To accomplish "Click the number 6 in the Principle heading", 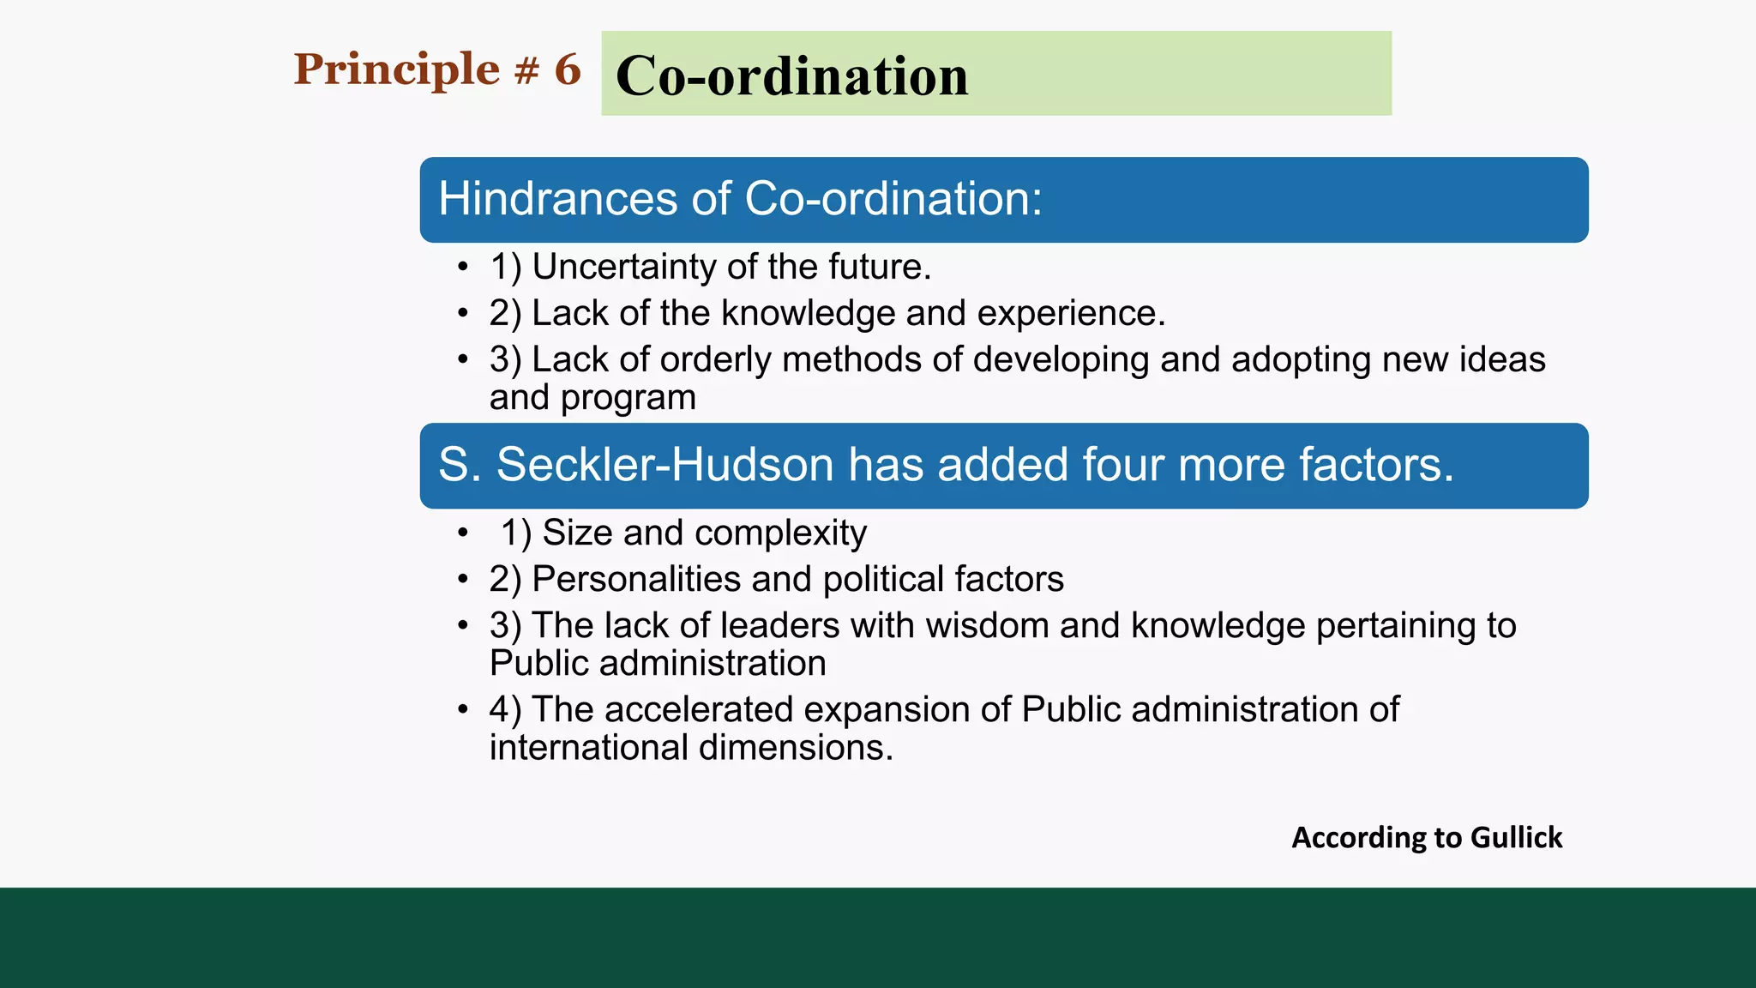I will (567, 69).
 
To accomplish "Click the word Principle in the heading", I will (396, 70).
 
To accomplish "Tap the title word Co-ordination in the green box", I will (791, 76).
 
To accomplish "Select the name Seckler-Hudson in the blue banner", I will (665, 465).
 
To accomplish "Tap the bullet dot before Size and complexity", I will (463, 533).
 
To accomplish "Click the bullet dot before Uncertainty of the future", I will (463, 268).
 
